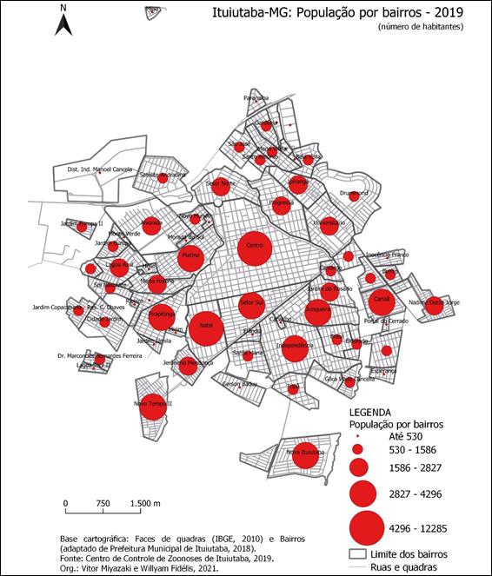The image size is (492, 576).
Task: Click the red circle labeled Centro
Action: click(x=255, y=248)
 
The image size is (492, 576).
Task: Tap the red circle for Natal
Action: click(x=206, y=328)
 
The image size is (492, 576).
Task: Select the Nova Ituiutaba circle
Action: click(x=304, y=454)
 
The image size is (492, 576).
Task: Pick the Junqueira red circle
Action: click(x=317, y=310)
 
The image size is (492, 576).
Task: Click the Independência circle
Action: click(x=294, y=347)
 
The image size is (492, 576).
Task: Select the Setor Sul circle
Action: click(x=251, y=303)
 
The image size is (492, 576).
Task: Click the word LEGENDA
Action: click(x=371, y=412)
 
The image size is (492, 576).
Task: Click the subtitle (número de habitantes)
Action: click(x=421, y=28)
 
